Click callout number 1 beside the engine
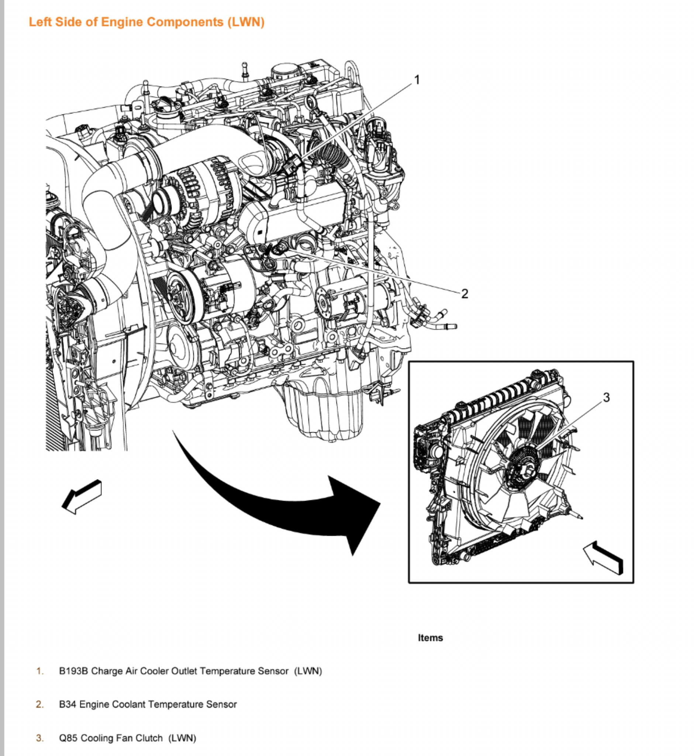coord(417,80)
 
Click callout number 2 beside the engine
coord(465,293)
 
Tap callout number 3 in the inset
coord(606,397)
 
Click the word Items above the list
coord(430,638)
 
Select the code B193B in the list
coord(73,671)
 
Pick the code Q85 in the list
coord(68,738)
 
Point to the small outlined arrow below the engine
coord(82,497)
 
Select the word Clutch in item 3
coord(149,738)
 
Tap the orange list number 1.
coord(40,671)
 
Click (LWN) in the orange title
coord(246,22)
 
